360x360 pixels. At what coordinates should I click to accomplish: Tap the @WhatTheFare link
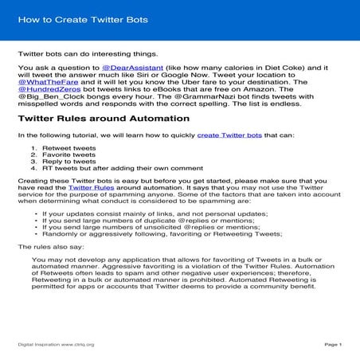point(45,85)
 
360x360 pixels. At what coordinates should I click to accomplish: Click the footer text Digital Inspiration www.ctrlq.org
point(56,345)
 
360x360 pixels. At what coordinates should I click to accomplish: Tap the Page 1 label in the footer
point(333,345)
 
